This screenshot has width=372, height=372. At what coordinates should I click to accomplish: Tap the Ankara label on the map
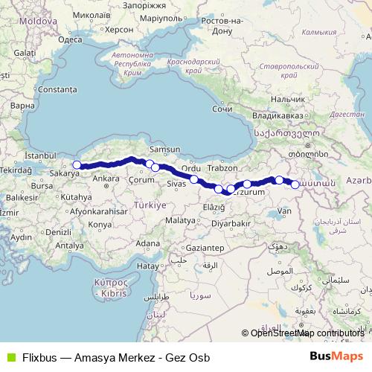(x=105, y=179)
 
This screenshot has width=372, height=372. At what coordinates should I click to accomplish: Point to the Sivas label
(x=175, y=183)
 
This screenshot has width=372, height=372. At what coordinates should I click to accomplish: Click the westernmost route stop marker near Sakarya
(x=76, y=165)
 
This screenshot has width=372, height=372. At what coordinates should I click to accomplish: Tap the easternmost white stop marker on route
(x=295, y=185)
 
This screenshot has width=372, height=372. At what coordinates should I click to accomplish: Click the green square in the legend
(x=9, y=356)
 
